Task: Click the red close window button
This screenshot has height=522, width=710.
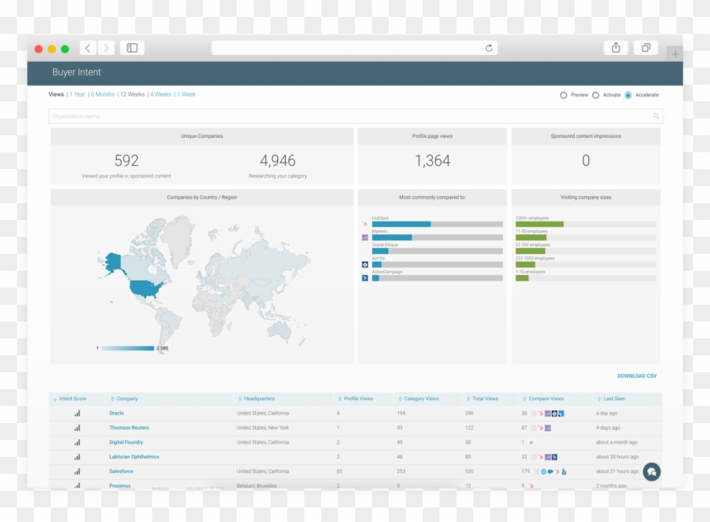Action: [x=38, y=49]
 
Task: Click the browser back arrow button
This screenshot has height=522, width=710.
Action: [x=88, y=48]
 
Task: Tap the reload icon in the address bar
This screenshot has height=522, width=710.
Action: [x=489, y=48]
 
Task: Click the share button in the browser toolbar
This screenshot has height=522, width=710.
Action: [x=615, y=48]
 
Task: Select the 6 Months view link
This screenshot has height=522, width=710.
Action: [x=103, y=95]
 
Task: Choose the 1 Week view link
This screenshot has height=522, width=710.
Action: [x=186, y=95]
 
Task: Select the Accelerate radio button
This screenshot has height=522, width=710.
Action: [x=628, y=95]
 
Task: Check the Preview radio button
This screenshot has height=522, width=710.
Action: [x=564, y=95]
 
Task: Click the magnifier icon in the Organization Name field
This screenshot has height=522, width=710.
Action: [x=656, y=116]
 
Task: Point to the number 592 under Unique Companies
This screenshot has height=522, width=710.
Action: [x=127, y=160]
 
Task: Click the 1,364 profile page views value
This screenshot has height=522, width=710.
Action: [x=432, y=160]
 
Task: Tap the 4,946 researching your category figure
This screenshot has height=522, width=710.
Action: [x=277, y=160]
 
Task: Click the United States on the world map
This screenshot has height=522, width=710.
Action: [x=145, y=288]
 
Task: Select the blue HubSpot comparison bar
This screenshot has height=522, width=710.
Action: [x=401, y=224]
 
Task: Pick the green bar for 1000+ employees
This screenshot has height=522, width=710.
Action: [x=539, y=224]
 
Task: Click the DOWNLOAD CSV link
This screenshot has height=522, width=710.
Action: [x=636, y=376]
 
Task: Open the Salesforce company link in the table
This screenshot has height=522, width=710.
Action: [x=121, y=471]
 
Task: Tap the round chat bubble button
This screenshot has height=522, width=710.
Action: [x=651, y=472]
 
